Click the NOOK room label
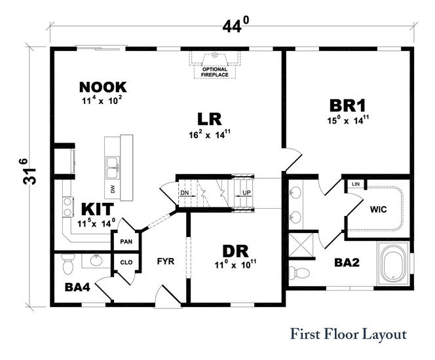pos(103,87)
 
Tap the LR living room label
pos(210,119)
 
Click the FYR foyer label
pos(164,261)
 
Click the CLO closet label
pos(126,264)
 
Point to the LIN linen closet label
pos(356,185)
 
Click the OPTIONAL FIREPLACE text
pos(215,72)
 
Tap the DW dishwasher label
pos(113,189)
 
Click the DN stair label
pos(185,193)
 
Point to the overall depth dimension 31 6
pos(22,172)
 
